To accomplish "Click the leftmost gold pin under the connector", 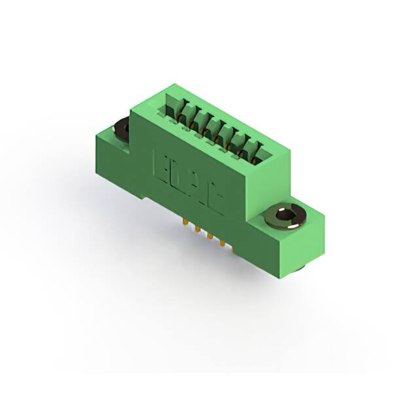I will tap(187, 223).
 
